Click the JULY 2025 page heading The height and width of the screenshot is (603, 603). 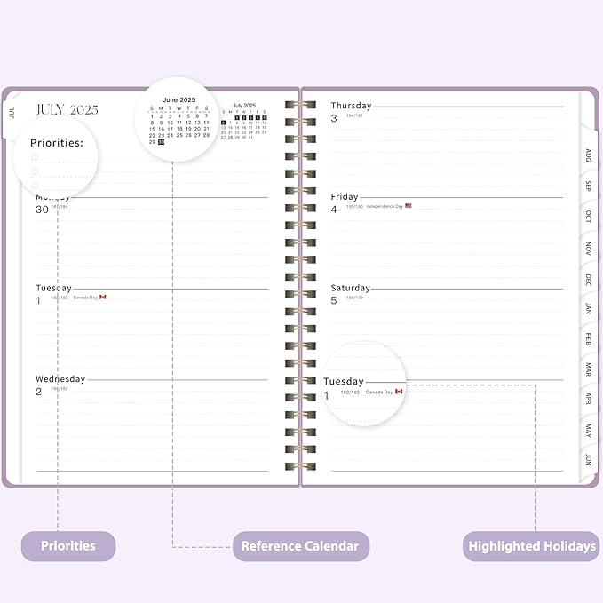pos(66,109)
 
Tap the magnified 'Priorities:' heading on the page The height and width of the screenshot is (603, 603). pos(57,142)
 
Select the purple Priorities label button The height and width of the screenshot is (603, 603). pos(68,545)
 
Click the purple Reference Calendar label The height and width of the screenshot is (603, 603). pos(300,545)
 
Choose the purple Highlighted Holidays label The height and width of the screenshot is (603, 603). pos(531,545)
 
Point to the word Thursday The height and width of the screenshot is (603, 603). pos(352,106)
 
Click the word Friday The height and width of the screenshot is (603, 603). pos(345,197)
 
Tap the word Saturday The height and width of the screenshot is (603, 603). pos(351,288)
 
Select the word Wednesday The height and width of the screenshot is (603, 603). pos(60,379)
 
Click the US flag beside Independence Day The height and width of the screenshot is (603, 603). pos(409,206)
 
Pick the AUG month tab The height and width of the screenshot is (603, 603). pos(588,155)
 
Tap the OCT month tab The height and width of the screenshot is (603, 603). pos(588,217)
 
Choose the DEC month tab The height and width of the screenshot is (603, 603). pos(588,279)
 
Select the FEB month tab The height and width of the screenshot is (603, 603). pos(588,339)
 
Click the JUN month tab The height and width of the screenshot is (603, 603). pos(588,460)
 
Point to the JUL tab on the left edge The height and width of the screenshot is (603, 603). pos(12,113)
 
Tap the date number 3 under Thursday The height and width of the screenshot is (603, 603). pos(334,118)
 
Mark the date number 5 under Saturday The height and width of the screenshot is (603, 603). pos(334,300)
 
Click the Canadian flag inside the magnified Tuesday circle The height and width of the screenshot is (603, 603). pos(399,391)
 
